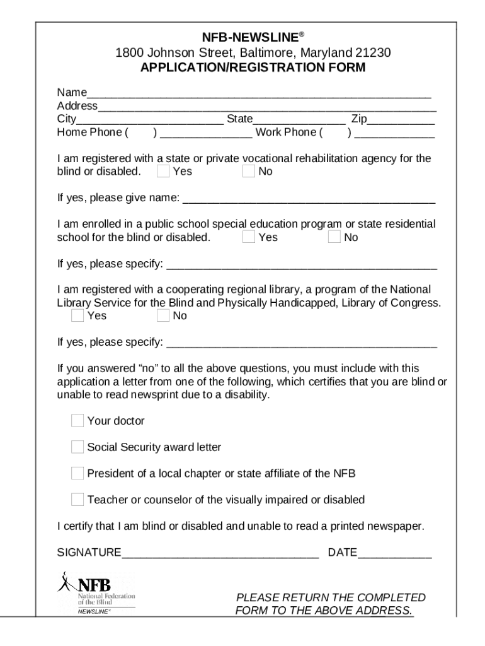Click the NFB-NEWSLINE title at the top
pyautogui.click(x=251, y=38)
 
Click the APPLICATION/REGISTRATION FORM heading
pyautogui.click(x=253, y=68)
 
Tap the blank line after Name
pyautogui.click(x=259, y=93)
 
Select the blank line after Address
pyautogui.click(x=266, y=106)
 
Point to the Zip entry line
pyautogui.click(x=401, y=119)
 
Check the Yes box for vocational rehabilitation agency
pyautogui.click(x=163, y=171)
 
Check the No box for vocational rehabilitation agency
pyautogui.click(x=249, y=171)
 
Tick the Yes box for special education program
pyautogui.click(x=249, y=237)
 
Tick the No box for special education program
pyautogui.click(x=334, y=237)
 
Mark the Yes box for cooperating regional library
pyautogui.click(x=77, y=315)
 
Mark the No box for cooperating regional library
pyautogui.click(x=163, y=315)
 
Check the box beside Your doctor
pyautogui.click(x=77, y=421)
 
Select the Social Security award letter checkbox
pyautogui.click(x=77, y=447)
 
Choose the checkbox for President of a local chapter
pyautogui.click(x=77, y=473)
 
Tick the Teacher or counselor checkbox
pyautogui.click(x=77, y=500)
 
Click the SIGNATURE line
pyautogui.click(x=220, y=553)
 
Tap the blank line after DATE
pyautogui.click(x=395, y=553)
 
